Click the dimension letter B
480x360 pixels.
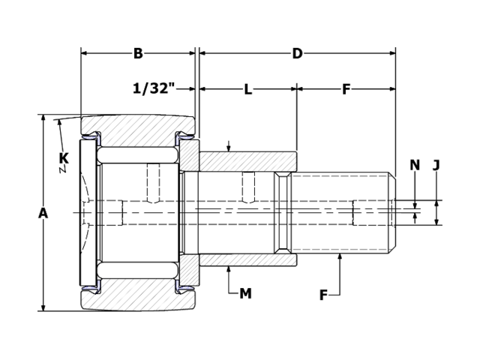[x=138, y=53]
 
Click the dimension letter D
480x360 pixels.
[x=297, y=53]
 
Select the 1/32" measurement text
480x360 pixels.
[x=154, y=88]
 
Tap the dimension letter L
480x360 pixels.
[x=247, y=89]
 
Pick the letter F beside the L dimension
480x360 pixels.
[x=346, y=89]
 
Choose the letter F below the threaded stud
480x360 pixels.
[x=323, y=295]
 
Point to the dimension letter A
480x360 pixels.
[x=43, y=213]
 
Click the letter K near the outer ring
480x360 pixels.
[x=63, y=158]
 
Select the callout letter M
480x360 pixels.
[x=245, y=294]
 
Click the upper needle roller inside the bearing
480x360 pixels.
[x=137, y=155]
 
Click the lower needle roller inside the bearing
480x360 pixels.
[x=137, y=270]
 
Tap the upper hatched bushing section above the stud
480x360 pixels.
[x=247, y=161]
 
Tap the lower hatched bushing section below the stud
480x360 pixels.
[x=247, y=260]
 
